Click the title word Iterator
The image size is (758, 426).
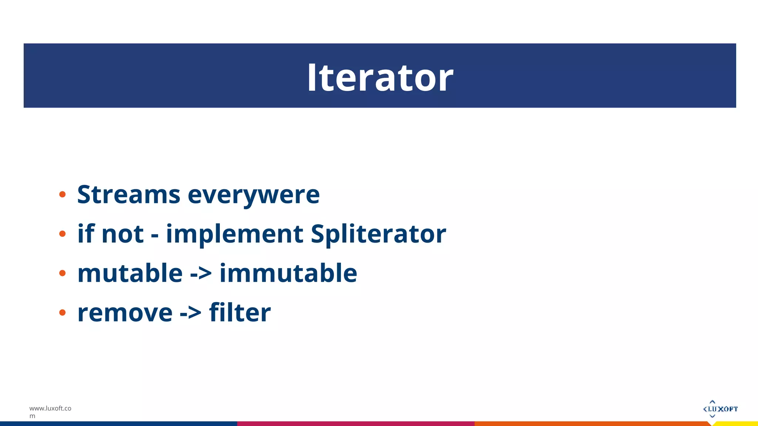tap(380, 78)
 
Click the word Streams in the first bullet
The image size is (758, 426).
tap(128, 195)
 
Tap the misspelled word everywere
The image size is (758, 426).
tap(254, 195)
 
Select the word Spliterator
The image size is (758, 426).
tap(378, 234)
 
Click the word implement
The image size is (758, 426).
tap(235, 234)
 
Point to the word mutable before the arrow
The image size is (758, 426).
tap(130, 273)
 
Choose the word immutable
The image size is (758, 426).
tap(288, 273)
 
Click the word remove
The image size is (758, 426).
tap(125, 313)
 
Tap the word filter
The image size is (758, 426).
tap(240, 313)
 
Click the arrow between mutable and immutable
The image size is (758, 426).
tap(201, 274)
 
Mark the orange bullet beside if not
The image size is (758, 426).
tap(62, 234)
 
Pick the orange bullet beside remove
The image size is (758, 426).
tap(62, 312)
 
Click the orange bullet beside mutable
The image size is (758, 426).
tap(62, 273)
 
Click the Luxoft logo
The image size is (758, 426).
tap(720, 409)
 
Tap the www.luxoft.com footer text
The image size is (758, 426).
tap(50, 412)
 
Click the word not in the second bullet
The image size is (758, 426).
tap(122, 234)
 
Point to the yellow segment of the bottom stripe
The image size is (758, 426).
tap(737, 424)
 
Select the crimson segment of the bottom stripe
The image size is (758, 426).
tap(355, 424)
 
